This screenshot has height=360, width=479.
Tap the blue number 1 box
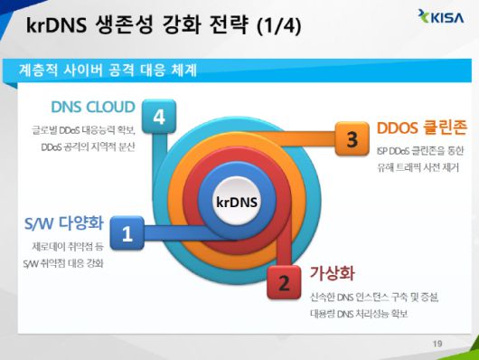127,233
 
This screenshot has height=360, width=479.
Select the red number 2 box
284,283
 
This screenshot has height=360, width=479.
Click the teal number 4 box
159,116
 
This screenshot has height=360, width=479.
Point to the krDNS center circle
238,201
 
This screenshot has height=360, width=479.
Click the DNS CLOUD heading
93,107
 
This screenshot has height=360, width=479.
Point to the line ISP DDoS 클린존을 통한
418,151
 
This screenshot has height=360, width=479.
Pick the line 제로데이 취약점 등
69,246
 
